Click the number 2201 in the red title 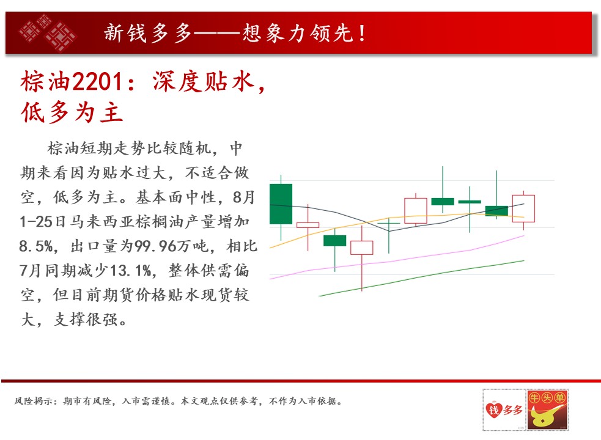(x=97, y=82)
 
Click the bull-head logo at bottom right (x=547, y=409)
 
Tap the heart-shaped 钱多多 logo (x=504, y=409)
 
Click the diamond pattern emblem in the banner (x=48, y=32)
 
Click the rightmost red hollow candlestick (x=523, y=209)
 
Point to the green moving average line (x=421, y=278)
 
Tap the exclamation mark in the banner (x=362, y=33)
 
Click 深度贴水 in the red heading (x=204, y=82)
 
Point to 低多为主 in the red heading (x=72, y=112)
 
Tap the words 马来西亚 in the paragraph (x=102, y=222)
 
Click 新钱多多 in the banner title (x=147, y=33)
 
